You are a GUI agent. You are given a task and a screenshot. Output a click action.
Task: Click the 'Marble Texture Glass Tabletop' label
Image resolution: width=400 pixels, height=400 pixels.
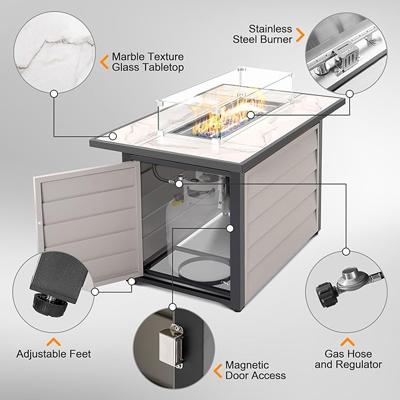[147, 62]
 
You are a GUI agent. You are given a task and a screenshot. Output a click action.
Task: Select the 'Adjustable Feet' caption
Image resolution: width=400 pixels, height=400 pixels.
[54, 354]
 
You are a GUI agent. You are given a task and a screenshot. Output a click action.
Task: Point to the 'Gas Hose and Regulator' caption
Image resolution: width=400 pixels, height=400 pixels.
[348, 359]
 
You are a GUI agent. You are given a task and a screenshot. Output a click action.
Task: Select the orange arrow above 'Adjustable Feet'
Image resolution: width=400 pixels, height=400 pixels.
[53, 341]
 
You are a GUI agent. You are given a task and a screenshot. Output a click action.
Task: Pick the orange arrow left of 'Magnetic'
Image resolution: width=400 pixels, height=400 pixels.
[219, 371]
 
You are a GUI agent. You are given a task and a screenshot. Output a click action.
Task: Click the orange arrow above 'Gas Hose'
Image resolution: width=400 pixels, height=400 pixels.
[348, 341]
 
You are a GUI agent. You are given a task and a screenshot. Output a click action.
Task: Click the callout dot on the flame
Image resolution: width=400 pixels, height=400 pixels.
[250, 115]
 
